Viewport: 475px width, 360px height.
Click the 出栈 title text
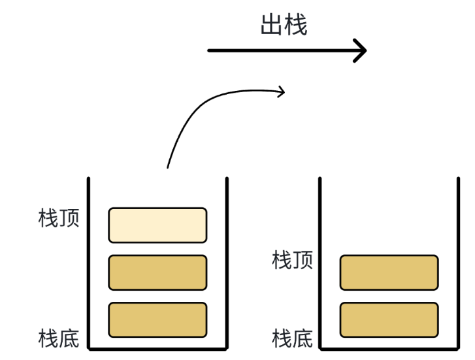click(284, 25)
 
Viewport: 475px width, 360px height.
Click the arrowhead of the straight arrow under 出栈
click(361, 50)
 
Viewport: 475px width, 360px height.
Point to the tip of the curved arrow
click(284, 91)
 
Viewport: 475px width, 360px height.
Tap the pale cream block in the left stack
click(157, 225)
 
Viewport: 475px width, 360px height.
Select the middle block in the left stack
click(157, 272)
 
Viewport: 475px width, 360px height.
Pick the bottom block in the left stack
click(157, 319)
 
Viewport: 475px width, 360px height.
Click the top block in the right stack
click(389, 272)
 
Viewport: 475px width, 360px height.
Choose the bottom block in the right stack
click(389, 319)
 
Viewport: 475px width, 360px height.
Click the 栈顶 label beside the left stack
click(59, 218)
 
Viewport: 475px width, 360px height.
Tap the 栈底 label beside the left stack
click(59, 338)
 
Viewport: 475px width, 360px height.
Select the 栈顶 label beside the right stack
click(292, 259)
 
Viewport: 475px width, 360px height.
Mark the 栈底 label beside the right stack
click(292, 338)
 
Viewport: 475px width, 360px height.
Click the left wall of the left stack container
click(89, 261)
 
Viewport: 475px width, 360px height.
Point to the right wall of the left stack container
click(227, 261)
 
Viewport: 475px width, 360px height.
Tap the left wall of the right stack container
click(320, 261)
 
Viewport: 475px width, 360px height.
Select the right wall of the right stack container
click(458, 261)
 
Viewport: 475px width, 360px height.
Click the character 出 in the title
click(271, 25)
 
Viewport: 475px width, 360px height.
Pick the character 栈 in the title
click(296, 25)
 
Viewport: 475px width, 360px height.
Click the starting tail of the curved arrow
click(168, 167)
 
